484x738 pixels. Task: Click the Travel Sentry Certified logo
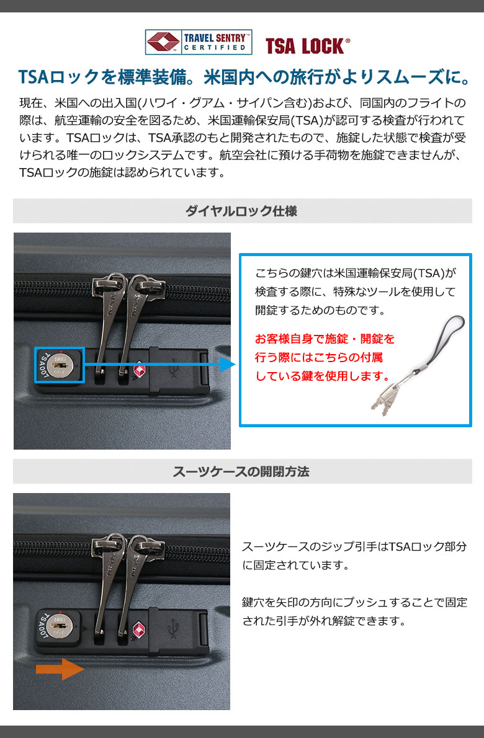198,42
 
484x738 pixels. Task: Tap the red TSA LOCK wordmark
307,46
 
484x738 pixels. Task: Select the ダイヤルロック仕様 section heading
241,211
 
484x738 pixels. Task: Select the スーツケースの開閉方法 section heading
241,471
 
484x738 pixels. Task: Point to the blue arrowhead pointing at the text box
228,364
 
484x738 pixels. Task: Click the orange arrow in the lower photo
60,669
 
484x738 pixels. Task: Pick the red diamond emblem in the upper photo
140,370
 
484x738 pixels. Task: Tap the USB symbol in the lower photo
174,628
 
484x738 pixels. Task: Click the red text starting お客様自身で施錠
325,357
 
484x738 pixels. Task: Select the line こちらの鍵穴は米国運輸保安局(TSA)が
356,273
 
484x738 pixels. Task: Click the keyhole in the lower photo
60,624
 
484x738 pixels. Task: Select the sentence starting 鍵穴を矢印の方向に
355,611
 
